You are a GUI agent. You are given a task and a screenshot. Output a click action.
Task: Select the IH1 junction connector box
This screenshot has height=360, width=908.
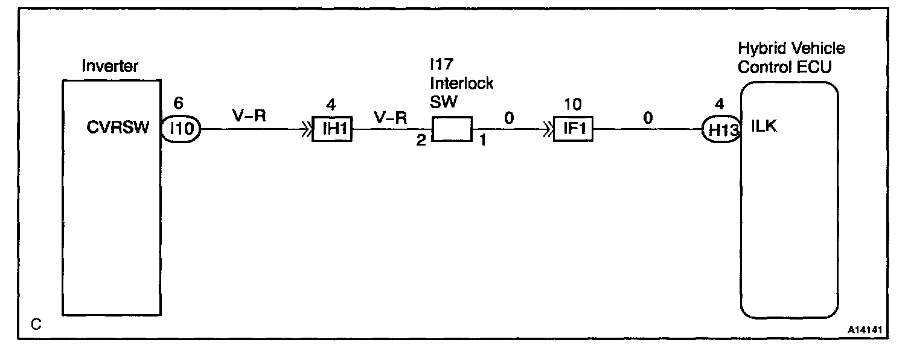click(x=331, y=129)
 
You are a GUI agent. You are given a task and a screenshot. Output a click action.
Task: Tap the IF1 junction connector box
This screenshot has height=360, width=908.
click(x=573, y=129)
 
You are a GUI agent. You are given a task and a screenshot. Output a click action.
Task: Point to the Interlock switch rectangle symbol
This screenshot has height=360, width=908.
click(x=452, y=129)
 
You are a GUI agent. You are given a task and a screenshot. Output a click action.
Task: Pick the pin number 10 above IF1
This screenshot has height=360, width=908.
click(x=572, y=104)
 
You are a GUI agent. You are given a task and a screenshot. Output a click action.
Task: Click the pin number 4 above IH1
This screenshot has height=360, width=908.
click(x=330, y=104)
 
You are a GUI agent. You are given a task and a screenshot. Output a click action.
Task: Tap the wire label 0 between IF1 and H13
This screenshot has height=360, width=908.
click(x=648, y=118)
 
